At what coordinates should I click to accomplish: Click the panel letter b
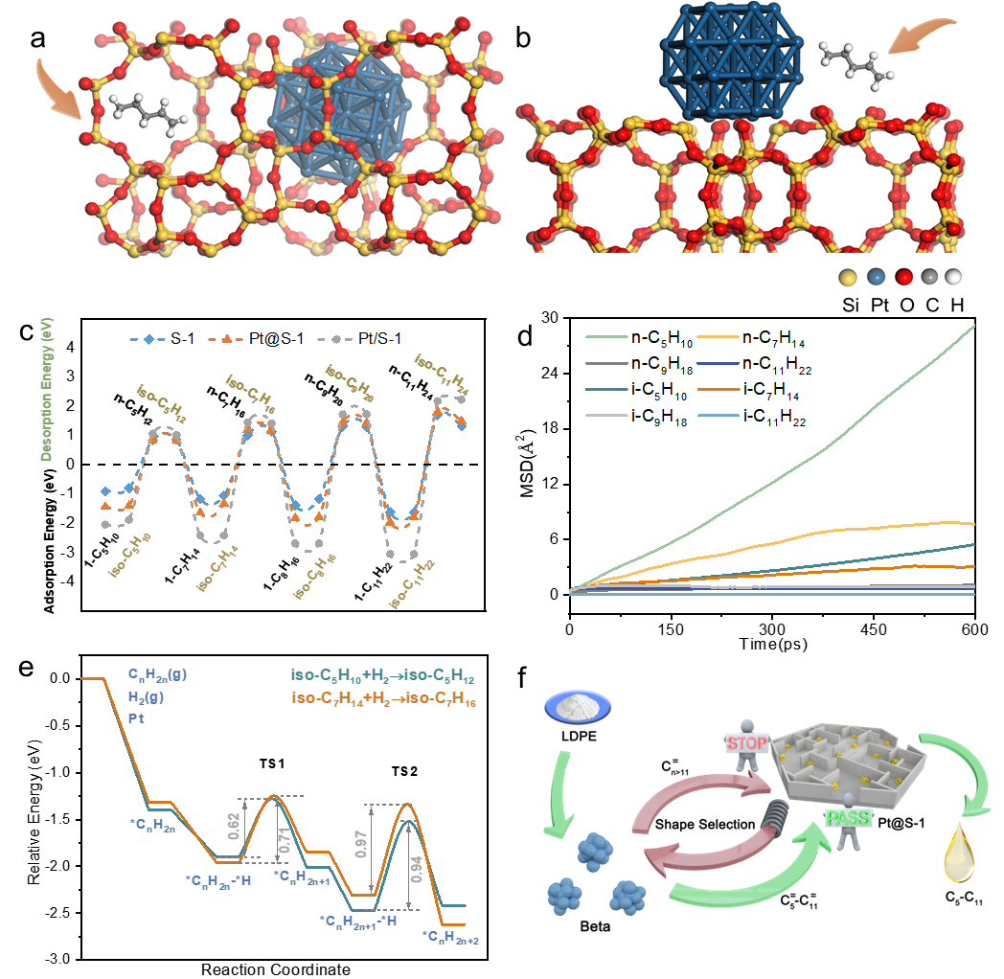[x=522, y=38]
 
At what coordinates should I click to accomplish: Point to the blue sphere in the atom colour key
[x=874, y=279]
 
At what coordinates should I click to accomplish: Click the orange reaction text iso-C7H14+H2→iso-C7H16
[x=383, y=701]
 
